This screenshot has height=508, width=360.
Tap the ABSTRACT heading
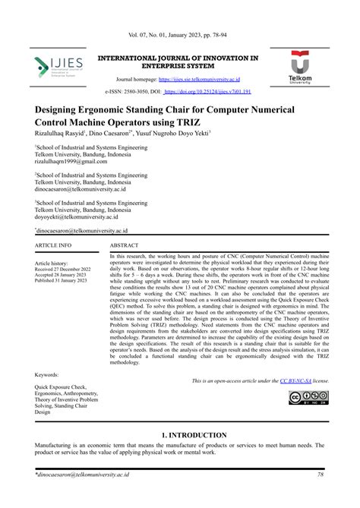pyautogui.click(x=125, y=246)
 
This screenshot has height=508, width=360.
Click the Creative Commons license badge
pyautogui.click(x=308, y=399)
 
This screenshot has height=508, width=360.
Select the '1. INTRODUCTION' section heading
pyautogui.click(x=180, y=435)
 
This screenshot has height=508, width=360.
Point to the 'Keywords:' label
pyautogui.click(x=47, y=375)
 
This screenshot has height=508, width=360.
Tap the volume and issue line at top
pyautogui.click(x=179, y=37)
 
